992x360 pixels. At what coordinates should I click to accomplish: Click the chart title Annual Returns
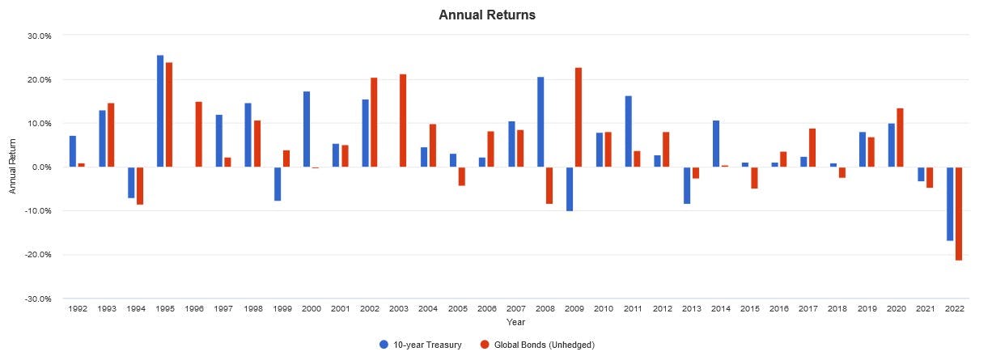click(487, 15)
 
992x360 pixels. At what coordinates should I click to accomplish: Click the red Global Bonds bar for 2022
click(959, 214)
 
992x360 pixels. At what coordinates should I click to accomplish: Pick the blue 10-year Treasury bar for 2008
click(541, 122)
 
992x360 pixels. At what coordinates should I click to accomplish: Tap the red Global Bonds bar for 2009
click(579, 117)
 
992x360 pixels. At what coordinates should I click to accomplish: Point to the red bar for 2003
click(403, 121)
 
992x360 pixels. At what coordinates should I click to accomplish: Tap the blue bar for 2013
click(687, 185)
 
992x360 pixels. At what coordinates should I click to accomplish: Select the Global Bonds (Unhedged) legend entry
click(538, 345)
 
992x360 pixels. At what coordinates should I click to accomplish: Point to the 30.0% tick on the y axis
click(40, 36)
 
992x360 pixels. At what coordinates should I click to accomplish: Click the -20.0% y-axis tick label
click(39, 255)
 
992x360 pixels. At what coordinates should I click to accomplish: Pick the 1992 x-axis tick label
click(78, 309)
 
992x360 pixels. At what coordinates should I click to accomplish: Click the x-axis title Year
click(516, 322)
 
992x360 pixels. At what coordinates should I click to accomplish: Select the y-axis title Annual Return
click(12, 167)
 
